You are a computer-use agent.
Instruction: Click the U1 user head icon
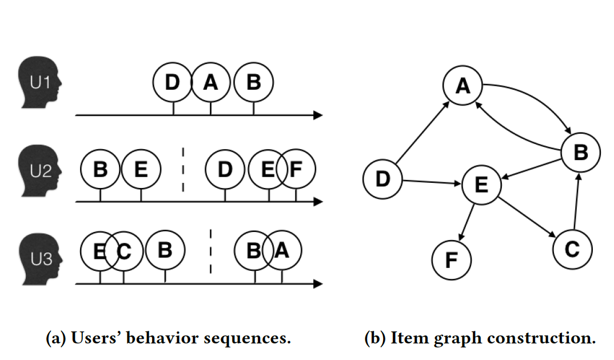click(x=39, y=82)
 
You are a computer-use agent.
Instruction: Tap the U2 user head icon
click(x=39, y=171)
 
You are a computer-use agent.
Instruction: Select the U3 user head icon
click(x=41, y=259)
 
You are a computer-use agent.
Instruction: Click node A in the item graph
click(x=463, y=85)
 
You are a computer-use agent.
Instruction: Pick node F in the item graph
click(x=452, y=260)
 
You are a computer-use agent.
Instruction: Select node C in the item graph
click(x=572, y=249)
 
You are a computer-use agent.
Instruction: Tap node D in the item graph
click(x=382, y=179)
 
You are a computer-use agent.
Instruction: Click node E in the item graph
click(x=481, y=185)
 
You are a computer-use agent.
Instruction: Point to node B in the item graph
click(x=581, y=152)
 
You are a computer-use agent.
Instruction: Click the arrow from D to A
click(x=422, y=133)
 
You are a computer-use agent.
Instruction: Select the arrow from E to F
click(x=466, y=222)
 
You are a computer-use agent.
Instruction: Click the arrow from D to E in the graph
click(x=432, y=182)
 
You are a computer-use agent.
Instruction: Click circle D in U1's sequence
click(x=173, y=82)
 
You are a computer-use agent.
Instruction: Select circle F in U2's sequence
click(x=296, y=169)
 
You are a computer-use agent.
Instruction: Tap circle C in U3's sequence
click(x=123, y=251)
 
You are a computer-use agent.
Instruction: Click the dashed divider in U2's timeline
click(x=183, y=170)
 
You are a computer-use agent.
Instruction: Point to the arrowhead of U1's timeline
click(x=318, y=115)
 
